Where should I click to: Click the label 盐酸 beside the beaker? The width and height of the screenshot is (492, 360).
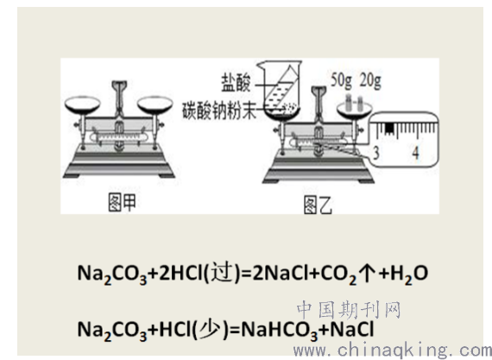pyautogui.click(x=236, y=83)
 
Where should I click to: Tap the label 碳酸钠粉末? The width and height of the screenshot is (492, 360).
pyautogui.click(x=219, y=111)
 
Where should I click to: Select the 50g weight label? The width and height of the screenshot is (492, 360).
pyautogui.click(x=342, y=79)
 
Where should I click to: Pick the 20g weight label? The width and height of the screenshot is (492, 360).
pyautogui.click(x=370, y=79)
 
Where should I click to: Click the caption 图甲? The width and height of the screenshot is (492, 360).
pyautogui.click(x=122, y=202)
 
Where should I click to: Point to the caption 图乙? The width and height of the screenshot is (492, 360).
pyautogui.click(x=318, y=205)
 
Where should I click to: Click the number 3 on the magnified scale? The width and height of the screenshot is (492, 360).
pyautogui.click(x=376, y=153)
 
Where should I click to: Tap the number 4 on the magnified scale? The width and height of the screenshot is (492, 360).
pyautogui.click(x=415, y=153)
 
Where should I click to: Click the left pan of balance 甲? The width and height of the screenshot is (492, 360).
pyautogui.click(x=83, y=104)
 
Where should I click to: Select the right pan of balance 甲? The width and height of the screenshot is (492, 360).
pyautogui.click(x=155, y=104)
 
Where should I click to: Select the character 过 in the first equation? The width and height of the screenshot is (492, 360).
pyautogui.click(x=223, y=272)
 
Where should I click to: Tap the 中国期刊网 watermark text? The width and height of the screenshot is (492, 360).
pyautogui.click(x=349, y=310)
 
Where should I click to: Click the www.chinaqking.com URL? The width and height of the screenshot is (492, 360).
pyautogui.click(x=392, y=350)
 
